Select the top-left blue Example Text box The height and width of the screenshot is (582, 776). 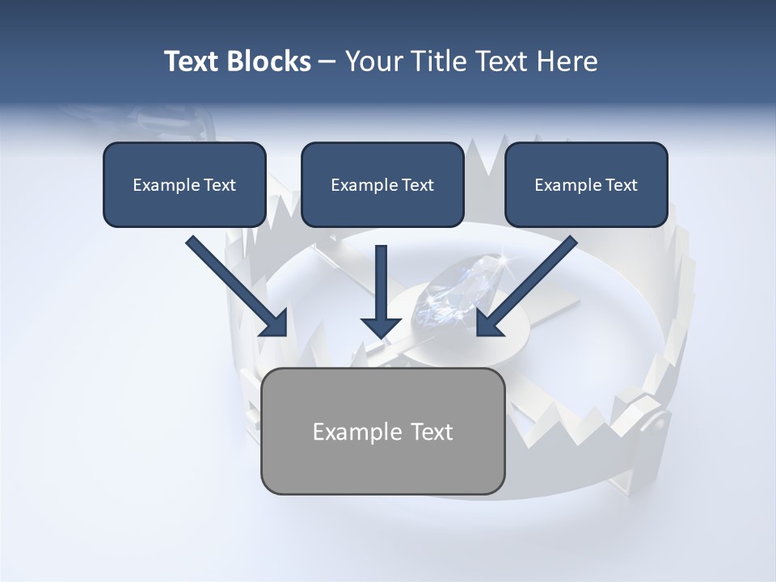(184, 184)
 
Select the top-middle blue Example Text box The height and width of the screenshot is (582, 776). (382, 184)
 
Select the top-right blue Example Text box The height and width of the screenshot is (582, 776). (586, 184)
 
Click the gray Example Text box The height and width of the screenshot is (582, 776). (383, 431)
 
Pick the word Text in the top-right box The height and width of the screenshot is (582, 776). (621, 185)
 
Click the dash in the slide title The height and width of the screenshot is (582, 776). (327, 61)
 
